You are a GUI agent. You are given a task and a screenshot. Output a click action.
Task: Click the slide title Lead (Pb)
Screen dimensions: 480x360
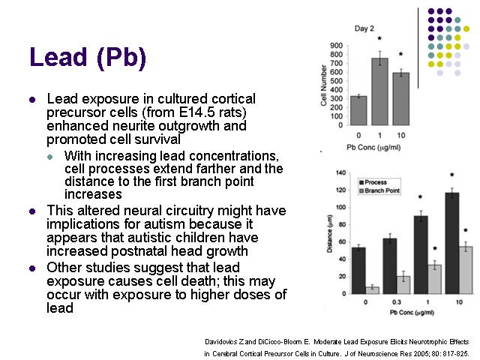pyautogui.click(x=88, y=57)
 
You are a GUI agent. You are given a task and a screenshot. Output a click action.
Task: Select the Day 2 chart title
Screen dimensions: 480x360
pyautogui.click(x=364, y=28)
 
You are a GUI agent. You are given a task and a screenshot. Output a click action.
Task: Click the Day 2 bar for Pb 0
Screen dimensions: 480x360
pyautogui.click(x=358, y=110)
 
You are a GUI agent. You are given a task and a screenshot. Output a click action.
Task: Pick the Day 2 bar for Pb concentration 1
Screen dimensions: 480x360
pyautogui.click(x=379, y=91)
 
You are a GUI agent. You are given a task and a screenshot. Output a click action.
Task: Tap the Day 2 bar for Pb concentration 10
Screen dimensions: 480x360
pyautogui.click(x=401, y=99)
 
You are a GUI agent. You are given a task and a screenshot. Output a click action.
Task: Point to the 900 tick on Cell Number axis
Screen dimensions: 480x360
pyautogui.click(x=337, y=46)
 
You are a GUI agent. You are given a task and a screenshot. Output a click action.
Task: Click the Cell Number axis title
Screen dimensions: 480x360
pyautogui.click(x=323, y=85)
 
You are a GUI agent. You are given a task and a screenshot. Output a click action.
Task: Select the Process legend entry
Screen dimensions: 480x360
pyautogui.click(x=373, y=182)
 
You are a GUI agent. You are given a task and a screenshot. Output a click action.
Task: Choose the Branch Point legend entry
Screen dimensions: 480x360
pyautogui.click(x=379, y=190)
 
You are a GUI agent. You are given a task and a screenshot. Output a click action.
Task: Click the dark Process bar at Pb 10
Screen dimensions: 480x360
pyautogui.click(x=452, y=243)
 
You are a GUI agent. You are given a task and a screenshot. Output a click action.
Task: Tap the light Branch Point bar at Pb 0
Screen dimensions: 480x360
pyautogui.click(x=372, y=290)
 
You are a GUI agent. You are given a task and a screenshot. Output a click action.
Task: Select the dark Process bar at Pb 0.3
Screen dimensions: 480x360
pyautogui.click(x=390, y=266)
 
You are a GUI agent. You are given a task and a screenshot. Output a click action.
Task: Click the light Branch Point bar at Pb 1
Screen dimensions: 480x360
pyautogui.click(x=435, y=279)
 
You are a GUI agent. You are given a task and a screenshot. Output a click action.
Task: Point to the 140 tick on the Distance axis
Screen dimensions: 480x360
pyautogui.click(x=340, y=173)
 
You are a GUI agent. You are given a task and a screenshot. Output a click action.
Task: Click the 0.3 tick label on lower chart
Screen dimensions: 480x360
pyautogui.click(x=397, y=302)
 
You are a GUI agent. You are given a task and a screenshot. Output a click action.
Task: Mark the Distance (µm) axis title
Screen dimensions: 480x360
pyautogui.click(x=330, y=233)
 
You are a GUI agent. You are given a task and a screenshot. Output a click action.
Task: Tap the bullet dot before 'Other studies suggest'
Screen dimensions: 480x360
pyautogui.click(x=32, y=268)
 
